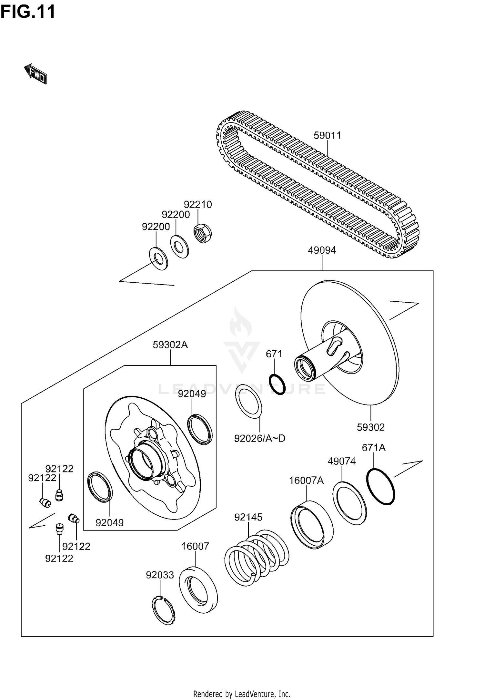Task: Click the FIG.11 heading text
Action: coord(28,12)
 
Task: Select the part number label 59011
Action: coord(327,135)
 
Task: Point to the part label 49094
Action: coord(322,250)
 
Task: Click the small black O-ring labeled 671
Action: coord(277,384)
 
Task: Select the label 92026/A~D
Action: coord(259,438)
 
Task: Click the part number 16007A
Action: coord(306,481)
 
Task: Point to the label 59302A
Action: coord(170,345)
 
